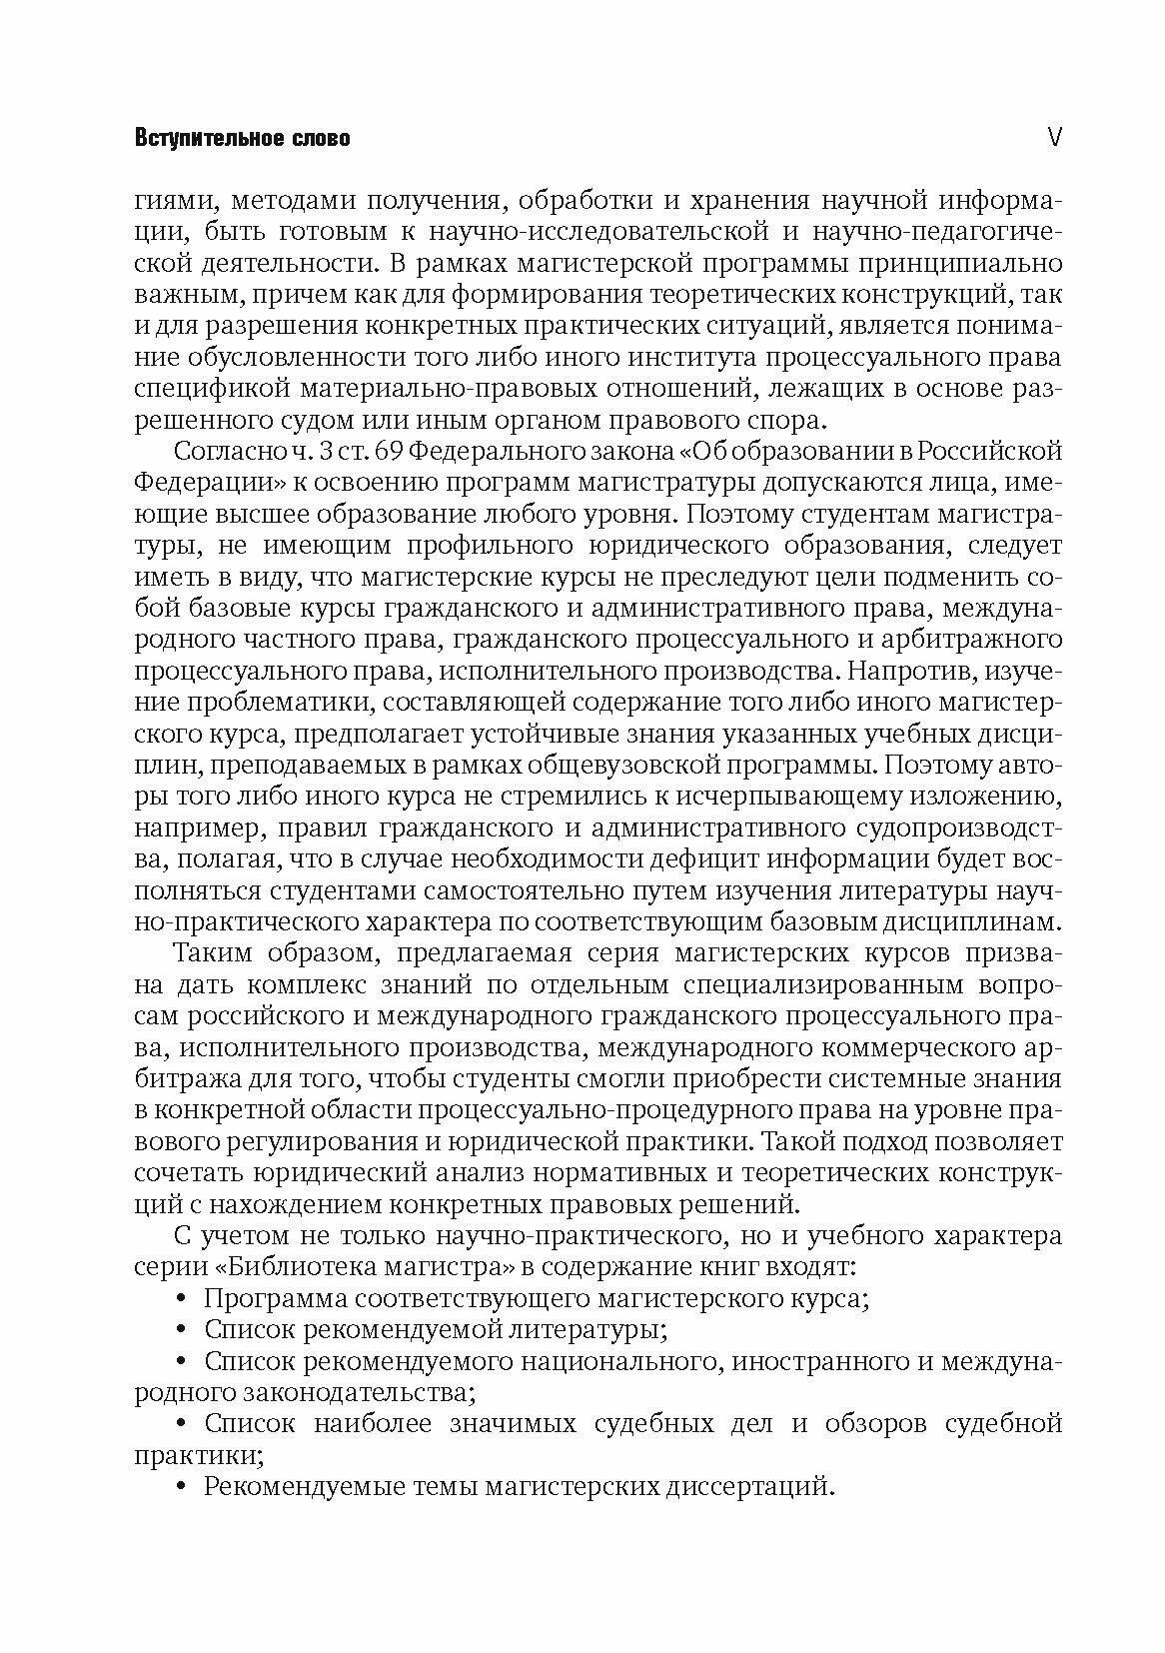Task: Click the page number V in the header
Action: [1053, 137]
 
